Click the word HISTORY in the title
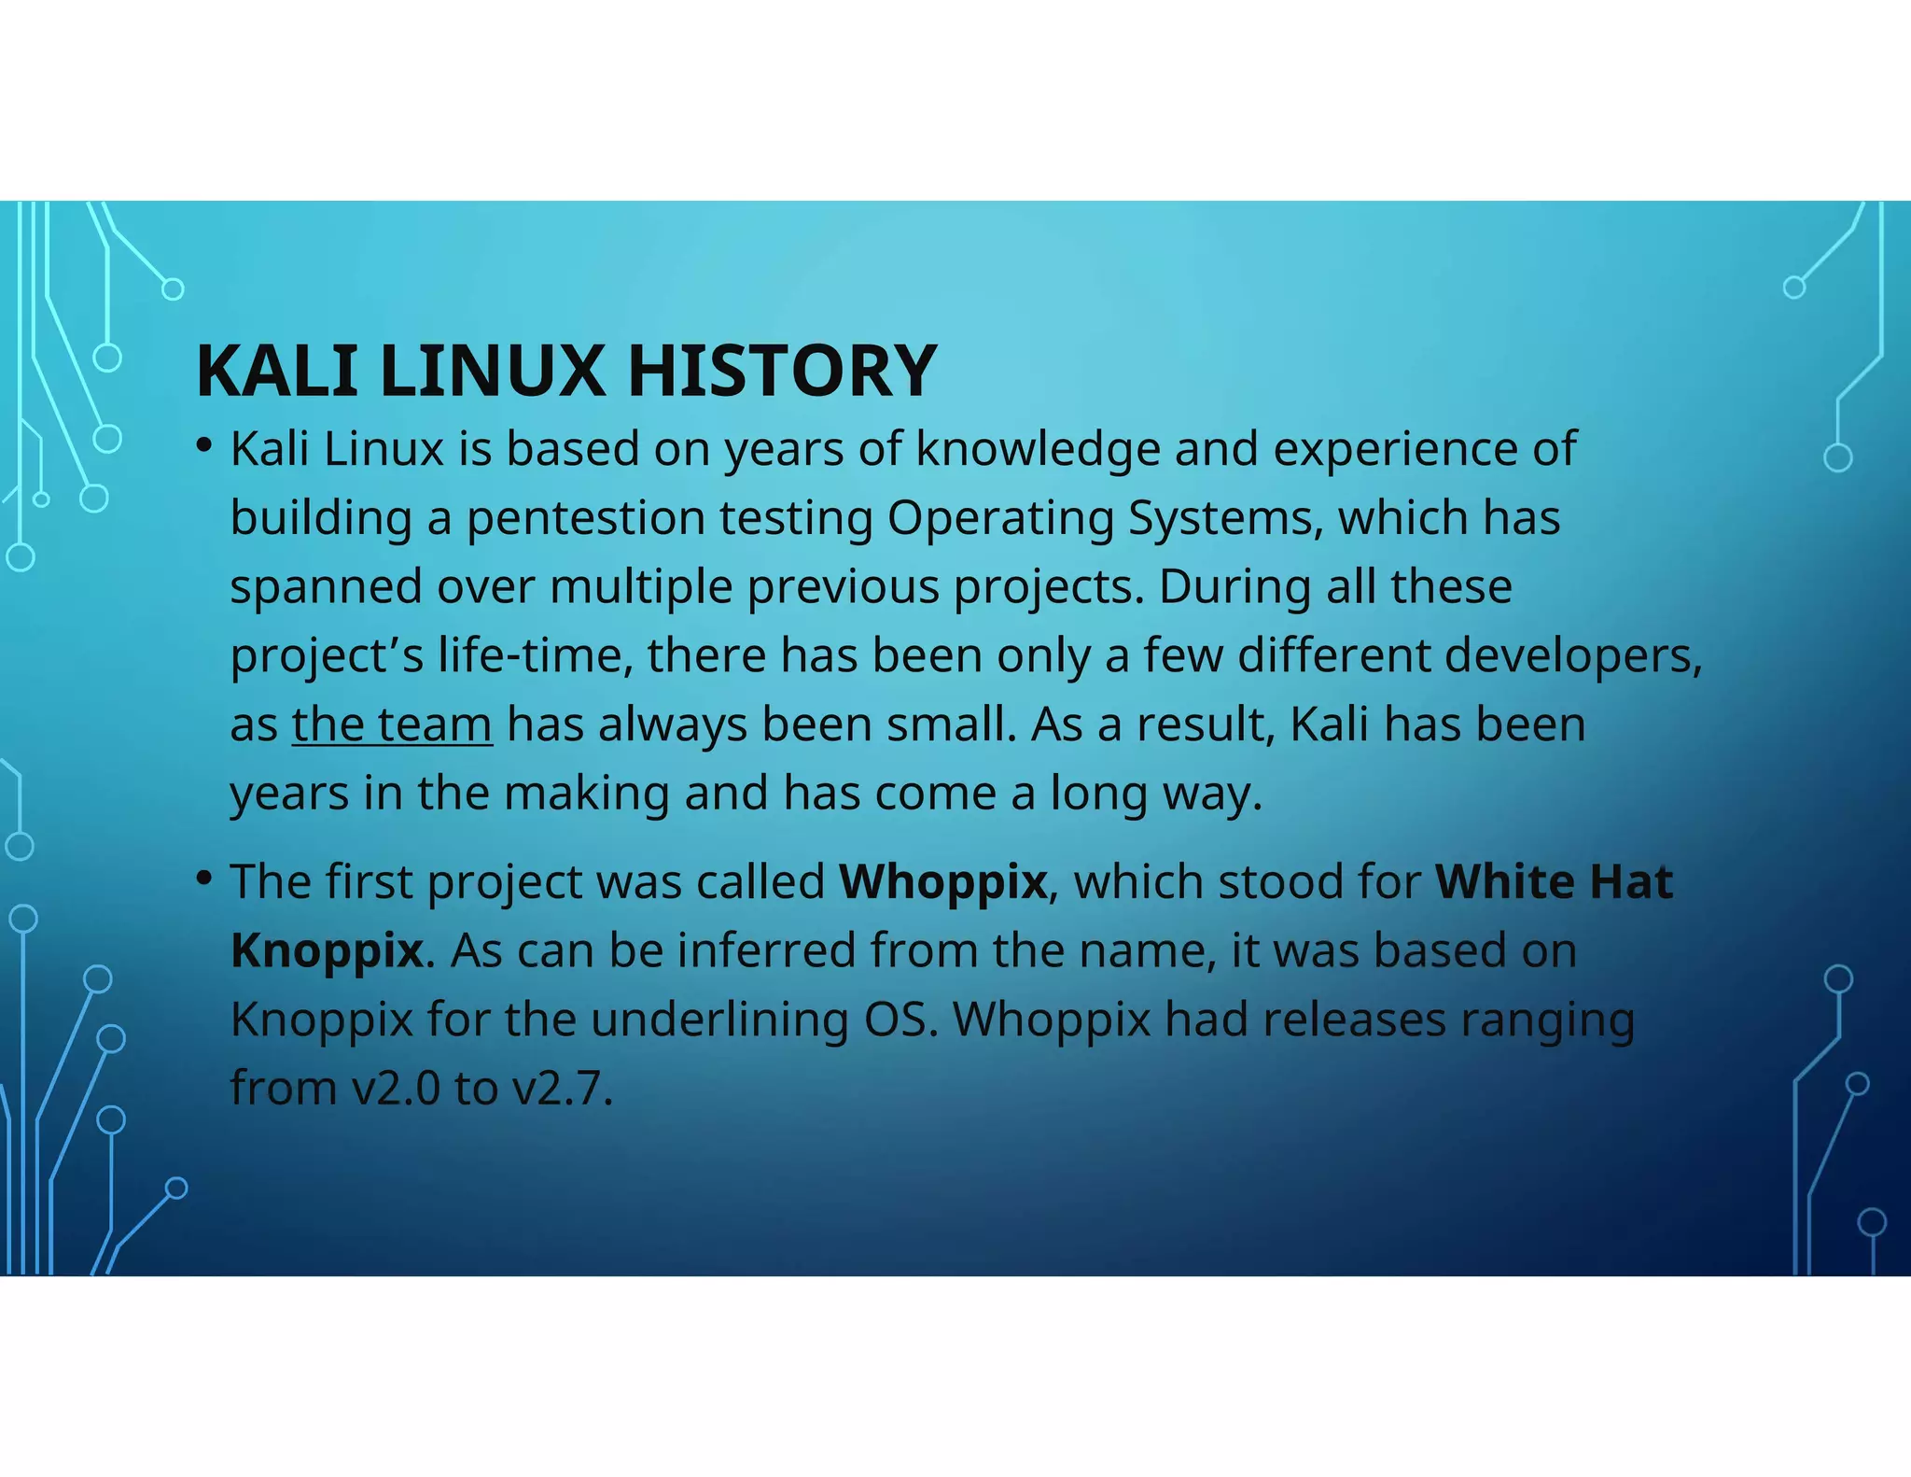coord(781,371)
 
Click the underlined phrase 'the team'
coord(392,724)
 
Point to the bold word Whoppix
coord(942,881)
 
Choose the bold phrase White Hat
coord(1554,881)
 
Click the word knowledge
coord(1038,449)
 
